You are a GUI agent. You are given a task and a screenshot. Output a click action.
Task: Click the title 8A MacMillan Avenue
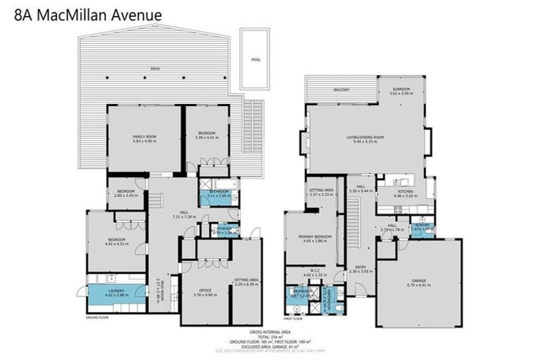coord(88,14)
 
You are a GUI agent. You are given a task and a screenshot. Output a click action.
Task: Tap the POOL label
coord(255,60)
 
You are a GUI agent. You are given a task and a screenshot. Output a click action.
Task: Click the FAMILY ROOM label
coord(145,136)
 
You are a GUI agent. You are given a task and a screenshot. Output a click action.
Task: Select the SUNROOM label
coord(401,89)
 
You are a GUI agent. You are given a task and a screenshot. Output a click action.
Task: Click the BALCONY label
coord(342,89)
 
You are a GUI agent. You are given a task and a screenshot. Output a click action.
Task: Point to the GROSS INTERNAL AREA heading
coord(269,331)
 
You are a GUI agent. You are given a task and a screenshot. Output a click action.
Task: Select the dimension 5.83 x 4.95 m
coord(145,141)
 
